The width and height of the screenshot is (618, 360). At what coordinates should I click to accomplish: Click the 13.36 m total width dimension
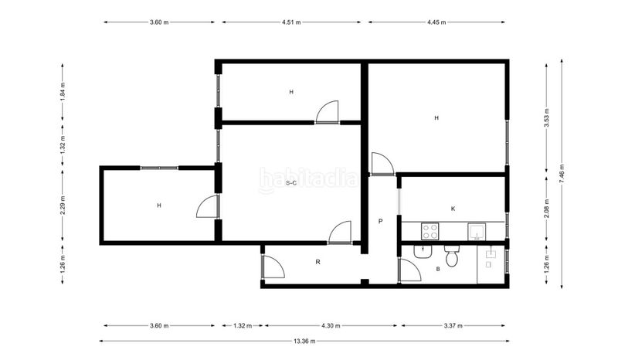[304, 341]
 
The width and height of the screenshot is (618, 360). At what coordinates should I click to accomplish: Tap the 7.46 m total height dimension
[562, 173]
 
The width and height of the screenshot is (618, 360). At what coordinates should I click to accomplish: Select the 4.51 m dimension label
[291, 22]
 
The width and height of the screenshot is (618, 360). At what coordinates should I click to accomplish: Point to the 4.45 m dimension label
[436, 22]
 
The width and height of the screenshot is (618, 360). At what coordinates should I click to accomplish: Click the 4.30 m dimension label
[331, 326]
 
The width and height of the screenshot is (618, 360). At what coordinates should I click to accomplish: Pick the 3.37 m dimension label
[453, 326]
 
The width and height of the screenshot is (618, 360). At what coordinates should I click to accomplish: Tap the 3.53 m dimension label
[546, 118]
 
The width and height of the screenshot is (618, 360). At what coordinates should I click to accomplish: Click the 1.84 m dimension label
[63, 91]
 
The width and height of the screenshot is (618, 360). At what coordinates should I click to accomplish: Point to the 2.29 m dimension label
[63, 205]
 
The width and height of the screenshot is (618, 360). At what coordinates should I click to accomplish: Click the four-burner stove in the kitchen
[430, 232]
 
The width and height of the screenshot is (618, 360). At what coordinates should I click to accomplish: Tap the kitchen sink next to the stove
[477, 232]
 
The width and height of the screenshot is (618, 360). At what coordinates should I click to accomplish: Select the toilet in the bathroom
[452, 256]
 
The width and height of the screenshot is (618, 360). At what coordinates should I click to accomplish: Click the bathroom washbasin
[423, 252]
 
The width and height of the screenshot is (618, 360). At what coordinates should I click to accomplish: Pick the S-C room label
[291, 183]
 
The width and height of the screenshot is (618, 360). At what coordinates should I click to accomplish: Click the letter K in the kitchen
[453, 209]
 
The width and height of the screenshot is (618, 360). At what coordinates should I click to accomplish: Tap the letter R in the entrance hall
[318, 262]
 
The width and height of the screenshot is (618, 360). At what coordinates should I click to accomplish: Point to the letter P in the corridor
[380, 221]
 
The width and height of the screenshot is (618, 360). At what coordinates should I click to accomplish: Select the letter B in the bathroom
[438, 269]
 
